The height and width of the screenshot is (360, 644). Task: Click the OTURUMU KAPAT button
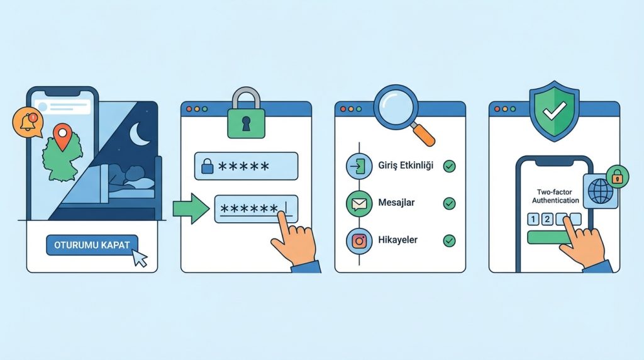(92, 245)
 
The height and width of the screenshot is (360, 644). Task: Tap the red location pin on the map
(62, 135)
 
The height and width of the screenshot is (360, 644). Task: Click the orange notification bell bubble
(28, 123)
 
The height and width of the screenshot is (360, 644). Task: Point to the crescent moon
(139, 134)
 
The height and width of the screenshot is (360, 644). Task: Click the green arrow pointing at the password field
(191, 209)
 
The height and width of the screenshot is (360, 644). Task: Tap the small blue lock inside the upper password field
(208, 166)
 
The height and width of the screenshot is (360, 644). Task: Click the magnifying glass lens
(396, 106)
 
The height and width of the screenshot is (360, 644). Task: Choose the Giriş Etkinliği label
(406, 166)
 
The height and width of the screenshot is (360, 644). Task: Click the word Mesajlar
(396, 203)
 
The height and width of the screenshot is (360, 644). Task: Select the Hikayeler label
(397, 240)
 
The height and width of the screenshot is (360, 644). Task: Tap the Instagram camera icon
(359, 241)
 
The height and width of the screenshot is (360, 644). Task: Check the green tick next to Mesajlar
(449, 203)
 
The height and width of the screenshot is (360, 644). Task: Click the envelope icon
(359, 204)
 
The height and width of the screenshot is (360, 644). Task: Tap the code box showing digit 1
(533, 219)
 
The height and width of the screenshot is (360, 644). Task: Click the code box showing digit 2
(547, 219)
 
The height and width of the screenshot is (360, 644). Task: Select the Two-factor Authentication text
(555, 196)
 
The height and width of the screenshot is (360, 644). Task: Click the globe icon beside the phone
(601, 191)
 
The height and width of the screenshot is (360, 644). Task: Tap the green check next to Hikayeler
(449, 240)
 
